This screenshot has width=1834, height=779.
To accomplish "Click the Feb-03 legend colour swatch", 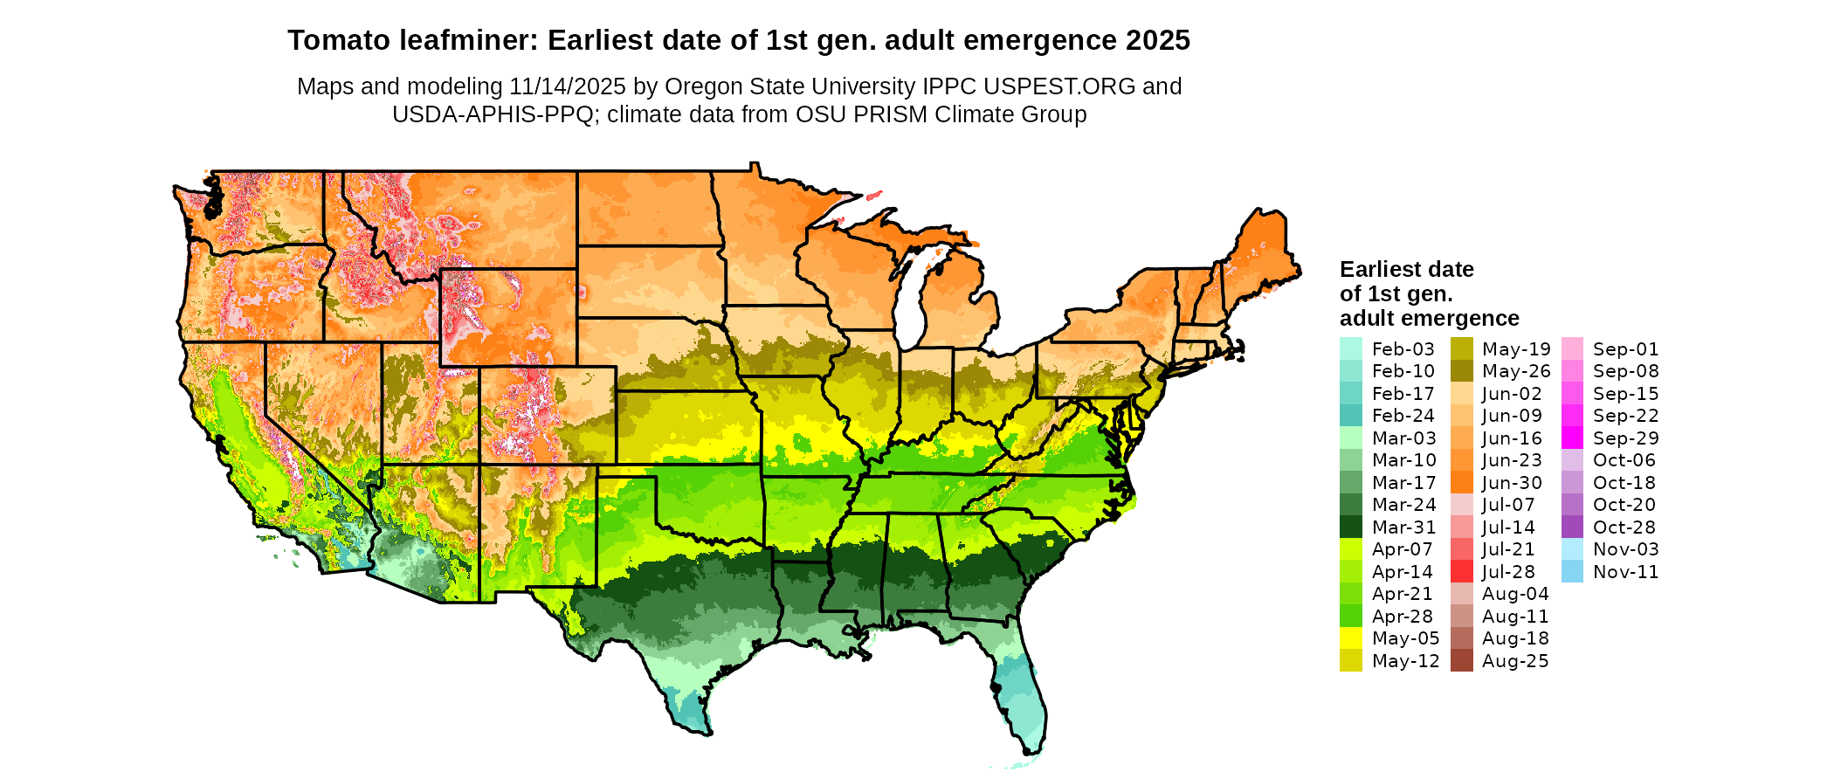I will pyautogui.click(x=1350, y=348).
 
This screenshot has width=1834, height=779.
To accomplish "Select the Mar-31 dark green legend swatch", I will pyautogui.click(x=1350, y=527).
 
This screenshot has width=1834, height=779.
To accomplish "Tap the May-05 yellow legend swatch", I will pyautogui.click(x=1350, y=638).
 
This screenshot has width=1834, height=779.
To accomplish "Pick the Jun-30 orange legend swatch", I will pyautogui.click(x=1461, y=482).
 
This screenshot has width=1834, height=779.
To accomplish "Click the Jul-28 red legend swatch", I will pyautogui.click(x=1461, y=571).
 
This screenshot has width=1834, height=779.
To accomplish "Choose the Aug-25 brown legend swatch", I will pyautogui.click(x=1461, y=660).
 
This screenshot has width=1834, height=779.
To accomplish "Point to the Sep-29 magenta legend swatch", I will pyautogui.click(x=1572, y=438).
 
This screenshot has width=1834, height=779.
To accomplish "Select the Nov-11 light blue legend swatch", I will pyautogui.click(x=1572, y=571).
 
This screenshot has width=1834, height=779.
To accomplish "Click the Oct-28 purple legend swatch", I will pyautogui.click(x=1572, y=527).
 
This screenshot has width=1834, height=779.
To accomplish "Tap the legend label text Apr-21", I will pyautogui.click(x=1403, y=594).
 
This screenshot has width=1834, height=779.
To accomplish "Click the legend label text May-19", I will pyautogui.click(x=1515, y=349).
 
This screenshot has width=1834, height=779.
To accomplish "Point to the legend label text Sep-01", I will pyautogui.click(x=1625, y=349).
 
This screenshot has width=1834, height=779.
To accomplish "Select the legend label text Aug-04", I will pyautogui.click(x=1515, y=594).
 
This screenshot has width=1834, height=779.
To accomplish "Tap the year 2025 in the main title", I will pyautogui.click(x=1157, y=40).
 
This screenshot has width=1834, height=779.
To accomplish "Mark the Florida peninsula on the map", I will pyautogui.click(x=1017, y=690).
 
